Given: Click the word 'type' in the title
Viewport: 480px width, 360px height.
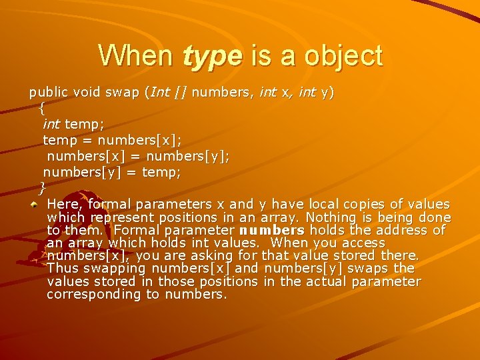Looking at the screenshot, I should pyautogui.click(x=212, y=55).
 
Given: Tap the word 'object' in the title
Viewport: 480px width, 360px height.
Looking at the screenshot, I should pyautogui.click(x=343, y=55).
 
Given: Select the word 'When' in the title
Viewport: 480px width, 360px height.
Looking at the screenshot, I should pyautogui.click(x=135, y=55).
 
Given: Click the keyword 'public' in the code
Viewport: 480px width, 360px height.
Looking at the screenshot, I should pyautogui.click(x=48, y=92).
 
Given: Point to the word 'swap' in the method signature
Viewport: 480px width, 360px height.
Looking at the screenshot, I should pyautogui.click(x=122, y=92).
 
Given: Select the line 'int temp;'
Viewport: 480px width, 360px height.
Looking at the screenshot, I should pyautogui.click(x=73, y=123).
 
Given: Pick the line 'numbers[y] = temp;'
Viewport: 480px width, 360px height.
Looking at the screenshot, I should pyautogui.click(x=112, y=172).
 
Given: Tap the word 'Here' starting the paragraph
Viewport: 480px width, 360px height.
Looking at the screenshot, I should pyautogui.click(x=65, y=204).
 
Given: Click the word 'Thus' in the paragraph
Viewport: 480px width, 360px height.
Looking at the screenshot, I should pyautogui.click(x=63, y=268).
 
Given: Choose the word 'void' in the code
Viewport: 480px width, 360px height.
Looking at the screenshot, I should pyautogui.click(x=87, y=92).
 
